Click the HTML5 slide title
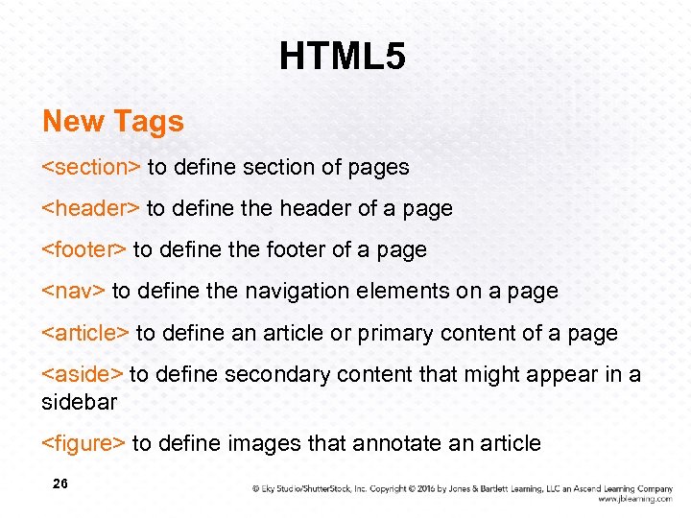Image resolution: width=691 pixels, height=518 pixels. tap(343, 58)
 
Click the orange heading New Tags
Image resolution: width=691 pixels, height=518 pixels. tap(113, 122)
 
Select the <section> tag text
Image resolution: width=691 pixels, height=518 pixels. tap(91, 167)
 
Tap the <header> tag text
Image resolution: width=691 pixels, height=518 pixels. tap(90, 208)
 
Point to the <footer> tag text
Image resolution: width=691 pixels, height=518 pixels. tap(83, 249)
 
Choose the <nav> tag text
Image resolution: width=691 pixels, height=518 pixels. tap(73, 291)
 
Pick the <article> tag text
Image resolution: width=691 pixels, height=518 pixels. tap(85, 333)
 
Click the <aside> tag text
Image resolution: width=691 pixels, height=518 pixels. tap(82, 374)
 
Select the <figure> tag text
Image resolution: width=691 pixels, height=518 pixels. tap(83, 443)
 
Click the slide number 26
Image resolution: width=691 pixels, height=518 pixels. tap(60, 484)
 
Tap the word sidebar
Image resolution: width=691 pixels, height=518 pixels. tap(79, 401)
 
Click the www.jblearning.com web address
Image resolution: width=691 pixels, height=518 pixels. tap(634, 499)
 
